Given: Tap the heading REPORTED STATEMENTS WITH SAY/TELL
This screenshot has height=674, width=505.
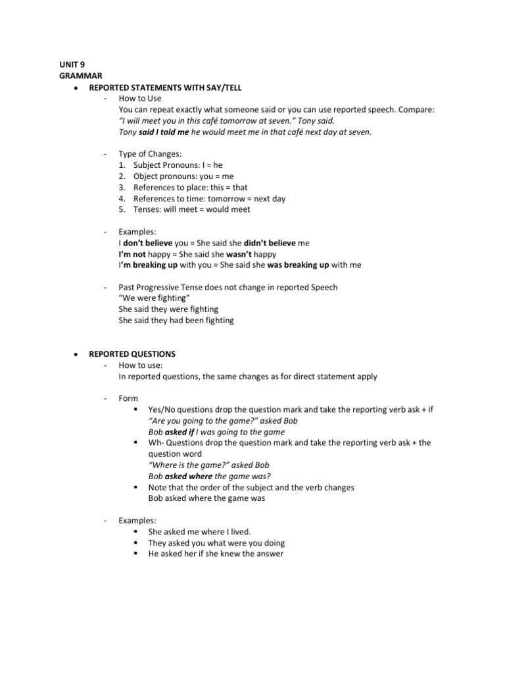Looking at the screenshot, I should tap(170, 87).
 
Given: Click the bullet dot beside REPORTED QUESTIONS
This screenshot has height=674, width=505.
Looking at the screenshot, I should tap(76, 354).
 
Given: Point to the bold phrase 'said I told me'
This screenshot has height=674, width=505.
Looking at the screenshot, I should tap(164, 132).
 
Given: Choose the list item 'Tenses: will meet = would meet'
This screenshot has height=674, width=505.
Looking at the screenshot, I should tap(191, 209).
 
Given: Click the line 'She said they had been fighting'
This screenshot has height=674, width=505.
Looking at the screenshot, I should tap(176, 321).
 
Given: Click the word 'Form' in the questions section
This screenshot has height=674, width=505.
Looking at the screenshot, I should tap(129, 398).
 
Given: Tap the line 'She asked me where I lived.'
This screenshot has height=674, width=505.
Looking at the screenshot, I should tap(200, 531).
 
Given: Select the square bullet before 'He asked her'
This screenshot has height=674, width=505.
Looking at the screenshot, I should tap(134, 554).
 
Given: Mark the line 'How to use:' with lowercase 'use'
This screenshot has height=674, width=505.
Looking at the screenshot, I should tap(140, 365).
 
